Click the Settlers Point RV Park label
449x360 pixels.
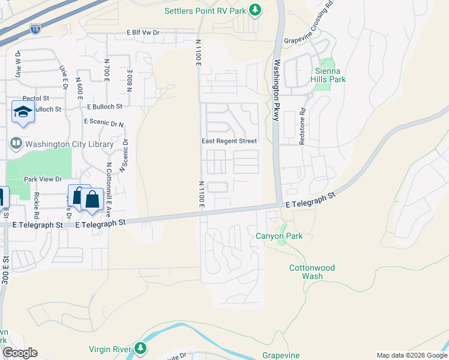click(205, 11)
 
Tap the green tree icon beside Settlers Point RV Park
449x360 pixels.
click(255, 10)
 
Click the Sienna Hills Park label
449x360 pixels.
click(330, 74)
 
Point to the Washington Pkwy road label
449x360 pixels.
click(277, 90)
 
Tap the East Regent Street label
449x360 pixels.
click(229, 141)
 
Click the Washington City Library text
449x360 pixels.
click(70, 144)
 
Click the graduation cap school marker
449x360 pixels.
click(23, 112)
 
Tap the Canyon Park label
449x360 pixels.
click(279, 236)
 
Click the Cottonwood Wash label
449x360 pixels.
click(312, 272)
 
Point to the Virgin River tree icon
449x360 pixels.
click(140, 348)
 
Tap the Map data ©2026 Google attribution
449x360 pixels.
click(412, 355)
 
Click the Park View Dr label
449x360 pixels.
click(43, 179)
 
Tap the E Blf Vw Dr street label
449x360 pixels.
click(143, 33)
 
